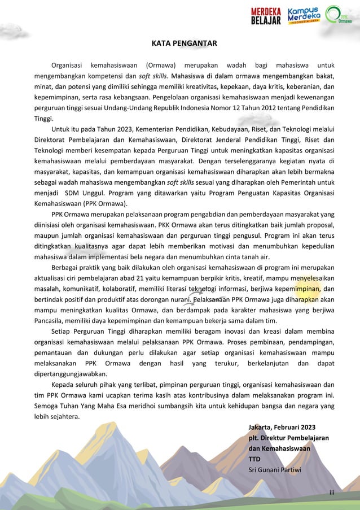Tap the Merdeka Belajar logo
pos(266,16)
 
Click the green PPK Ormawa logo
pos(340,16)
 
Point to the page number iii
pos(332,492)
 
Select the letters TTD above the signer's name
pos(255,459)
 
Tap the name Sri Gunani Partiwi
pos(275,470)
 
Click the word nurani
pos(175,299)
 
